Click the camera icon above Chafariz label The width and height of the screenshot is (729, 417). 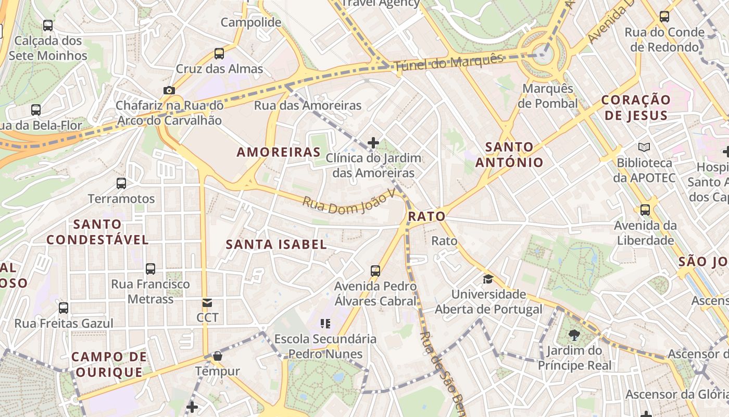[x=169, y=90]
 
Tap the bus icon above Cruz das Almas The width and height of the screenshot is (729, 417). [x=219, y=53]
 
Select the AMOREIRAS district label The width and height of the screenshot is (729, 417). [x=279, y=152]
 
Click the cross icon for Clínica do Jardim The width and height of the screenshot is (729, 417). [x=373, y=142]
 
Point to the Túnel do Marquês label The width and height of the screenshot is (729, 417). [x=449, y=62]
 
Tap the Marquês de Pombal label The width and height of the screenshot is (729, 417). [x=548, y=96]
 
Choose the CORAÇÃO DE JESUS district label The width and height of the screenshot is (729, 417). [x=636, y=107]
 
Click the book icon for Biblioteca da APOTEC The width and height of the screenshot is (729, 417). [x=644, y=148]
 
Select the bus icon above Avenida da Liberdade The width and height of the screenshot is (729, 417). [x=645, y=210]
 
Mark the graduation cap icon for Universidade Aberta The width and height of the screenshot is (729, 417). [x=488, y=279]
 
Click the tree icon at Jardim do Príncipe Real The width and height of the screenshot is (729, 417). [x=574, y=335]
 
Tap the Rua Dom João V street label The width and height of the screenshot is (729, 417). [x=349, y=202]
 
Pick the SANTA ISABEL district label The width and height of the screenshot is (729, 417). [x=276, y=244]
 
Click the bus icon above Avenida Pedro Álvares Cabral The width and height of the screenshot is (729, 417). [x=375, y=271]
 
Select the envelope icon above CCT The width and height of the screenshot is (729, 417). [x=207, y=303]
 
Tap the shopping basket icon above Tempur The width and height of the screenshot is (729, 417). [x=218, y=356]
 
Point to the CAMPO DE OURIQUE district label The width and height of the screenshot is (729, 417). [x=109, y=364]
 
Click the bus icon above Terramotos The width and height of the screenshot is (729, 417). [x=121, y=183]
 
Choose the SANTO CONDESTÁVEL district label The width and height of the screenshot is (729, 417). [x=97, y=232]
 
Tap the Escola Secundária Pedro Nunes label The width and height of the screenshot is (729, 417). [x=325, y=346]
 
